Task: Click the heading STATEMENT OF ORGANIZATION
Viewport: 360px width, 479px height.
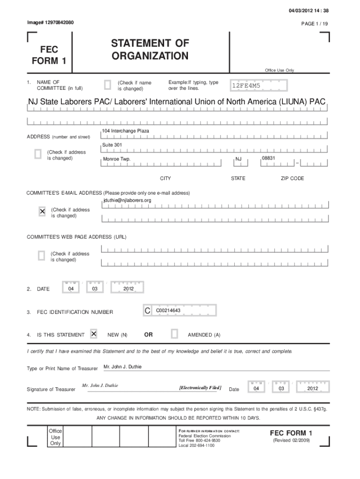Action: (x=150, y=50)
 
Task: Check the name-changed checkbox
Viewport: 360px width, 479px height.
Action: (x=107, y=85)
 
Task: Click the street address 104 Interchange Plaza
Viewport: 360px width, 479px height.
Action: (x=125, y=131)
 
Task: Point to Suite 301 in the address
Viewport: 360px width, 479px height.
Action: (x=112, y=145)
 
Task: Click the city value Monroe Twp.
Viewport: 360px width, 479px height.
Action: (x=116, y=160)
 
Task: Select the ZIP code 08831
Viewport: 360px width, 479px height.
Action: (x=268, y=158)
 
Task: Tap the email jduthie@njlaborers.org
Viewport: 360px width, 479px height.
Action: (x=127, y=201)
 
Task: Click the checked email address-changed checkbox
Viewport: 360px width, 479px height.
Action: (x=42, y=212)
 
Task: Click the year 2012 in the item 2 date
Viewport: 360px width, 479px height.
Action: (x=129, y=289)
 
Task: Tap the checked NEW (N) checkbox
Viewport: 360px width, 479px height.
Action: (x=94, y=334)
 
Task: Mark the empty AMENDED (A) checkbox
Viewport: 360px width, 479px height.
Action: (x=174, y=334)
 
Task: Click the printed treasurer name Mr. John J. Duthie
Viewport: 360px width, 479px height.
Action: (x=122, y=367)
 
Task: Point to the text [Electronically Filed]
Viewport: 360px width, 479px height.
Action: (x=200, y=388)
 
